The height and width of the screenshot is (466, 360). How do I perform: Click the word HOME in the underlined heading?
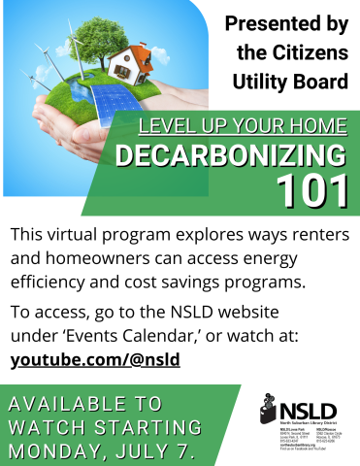coord(315,125)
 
